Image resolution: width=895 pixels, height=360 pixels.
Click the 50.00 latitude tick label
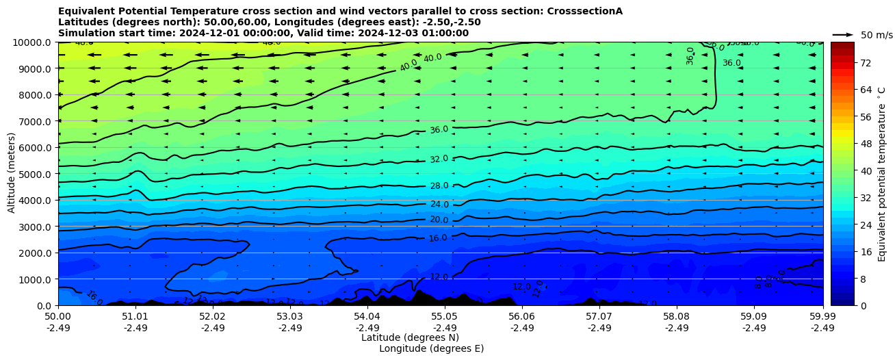click(x=58, y=316)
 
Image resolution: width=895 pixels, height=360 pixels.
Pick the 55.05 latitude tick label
click(x=445, y=316)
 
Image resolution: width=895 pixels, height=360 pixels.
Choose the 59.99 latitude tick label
click(x=822, y=316)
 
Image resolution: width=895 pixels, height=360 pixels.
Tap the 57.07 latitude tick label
click(x=599, y=316)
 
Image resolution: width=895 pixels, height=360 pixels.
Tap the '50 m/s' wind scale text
click(x=877, y=35)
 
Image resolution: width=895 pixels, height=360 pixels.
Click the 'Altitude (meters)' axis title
click(x=12, y=174)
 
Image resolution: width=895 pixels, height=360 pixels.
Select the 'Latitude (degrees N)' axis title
click(x=410, y=337)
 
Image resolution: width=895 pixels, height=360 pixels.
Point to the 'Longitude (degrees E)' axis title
click(x=431, y=348)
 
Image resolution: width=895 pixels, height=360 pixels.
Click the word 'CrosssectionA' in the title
click(x=584, y=11)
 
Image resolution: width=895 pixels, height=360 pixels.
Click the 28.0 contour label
click(x=439, y=185)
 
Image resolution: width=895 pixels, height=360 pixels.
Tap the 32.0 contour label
click(x=439, y=159)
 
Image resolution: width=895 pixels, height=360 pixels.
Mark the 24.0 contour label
click(x=439, y=204)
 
